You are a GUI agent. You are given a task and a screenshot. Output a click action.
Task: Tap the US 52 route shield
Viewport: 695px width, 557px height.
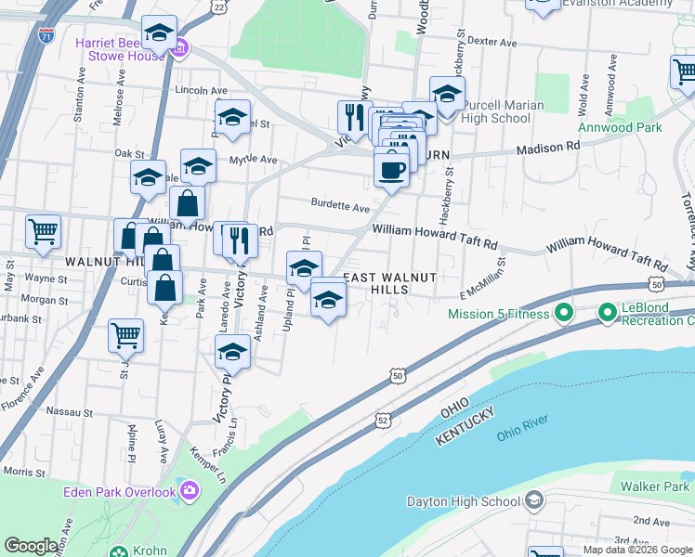(x=383, y=421)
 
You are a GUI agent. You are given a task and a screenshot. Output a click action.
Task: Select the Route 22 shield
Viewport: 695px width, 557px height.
(x=218, y=6)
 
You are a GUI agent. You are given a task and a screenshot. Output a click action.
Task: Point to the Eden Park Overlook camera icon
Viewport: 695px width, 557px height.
(x=190, y=489)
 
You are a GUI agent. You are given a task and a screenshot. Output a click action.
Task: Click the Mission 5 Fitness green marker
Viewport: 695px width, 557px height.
(x=563, y=314)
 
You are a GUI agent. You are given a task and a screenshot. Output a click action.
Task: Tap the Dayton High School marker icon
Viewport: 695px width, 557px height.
(x=533, y=501)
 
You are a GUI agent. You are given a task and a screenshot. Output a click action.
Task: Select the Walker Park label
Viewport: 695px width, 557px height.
(x=656, y=486)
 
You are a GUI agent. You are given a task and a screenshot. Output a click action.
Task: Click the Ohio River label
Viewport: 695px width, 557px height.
(x=522, y=434)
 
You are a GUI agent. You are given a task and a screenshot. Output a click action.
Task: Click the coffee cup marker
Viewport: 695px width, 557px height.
(x=391, y=171)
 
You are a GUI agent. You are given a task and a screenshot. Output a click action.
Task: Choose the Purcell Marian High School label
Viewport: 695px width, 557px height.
(x=503, y=111)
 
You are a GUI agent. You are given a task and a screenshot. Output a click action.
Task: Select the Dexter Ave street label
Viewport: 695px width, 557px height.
(x=492, y=42)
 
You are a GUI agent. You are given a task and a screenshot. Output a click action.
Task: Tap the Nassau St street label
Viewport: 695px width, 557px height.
(x=72, y=411)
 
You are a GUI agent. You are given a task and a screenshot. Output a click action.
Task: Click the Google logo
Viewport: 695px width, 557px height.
(x=32, y=546)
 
